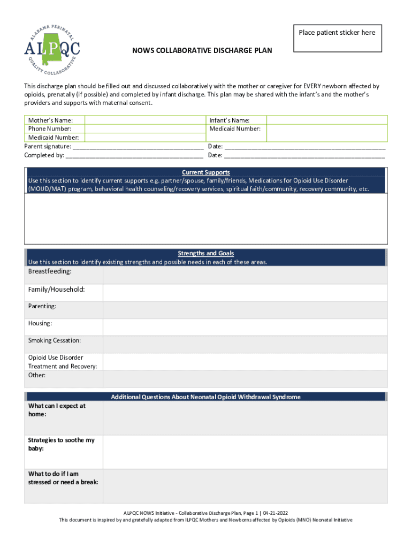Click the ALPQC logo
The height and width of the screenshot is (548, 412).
[x=52, y=50]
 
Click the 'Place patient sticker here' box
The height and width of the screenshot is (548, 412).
[x=338, y=38]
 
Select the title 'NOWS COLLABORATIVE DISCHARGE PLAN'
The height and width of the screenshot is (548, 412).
[x=202, y=51]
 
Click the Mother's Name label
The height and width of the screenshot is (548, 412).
[x=50, y=120]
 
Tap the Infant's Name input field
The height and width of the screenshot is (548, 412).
[x=326, y=120]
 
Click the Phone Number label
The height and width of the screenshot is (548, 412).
[x=49, y=129]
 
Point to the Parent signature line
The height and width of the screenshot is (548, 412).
[x=138, y=147]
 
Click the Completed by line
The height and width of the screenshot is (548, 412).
[x=134, y=156]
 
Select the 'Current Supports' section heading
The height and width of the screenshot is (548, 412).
[x=205, y=172]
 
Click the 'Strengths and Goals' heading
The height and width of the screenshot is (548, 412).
[x=205, y=253]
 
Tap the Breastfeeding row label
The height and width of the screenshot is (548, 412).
[x=50, y=272]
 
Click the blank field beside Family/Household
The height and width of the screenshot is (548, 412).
[x=245, y=292]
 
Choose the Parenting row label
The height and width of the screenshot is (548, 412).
[x=42, y=307]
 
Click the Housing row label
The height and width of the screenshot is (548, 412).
[x=40, y=324]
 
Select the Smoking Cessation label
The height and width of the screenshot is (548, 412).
[x=55, y=341]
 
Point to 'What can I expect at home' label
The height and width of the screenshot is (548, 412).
[x=57, y=410]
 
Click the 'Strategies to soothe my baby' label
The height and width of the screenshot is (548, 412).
[x=61, y=444]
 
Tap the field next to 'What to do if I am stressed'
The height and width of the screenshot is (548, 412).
[x=245, y=486]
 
